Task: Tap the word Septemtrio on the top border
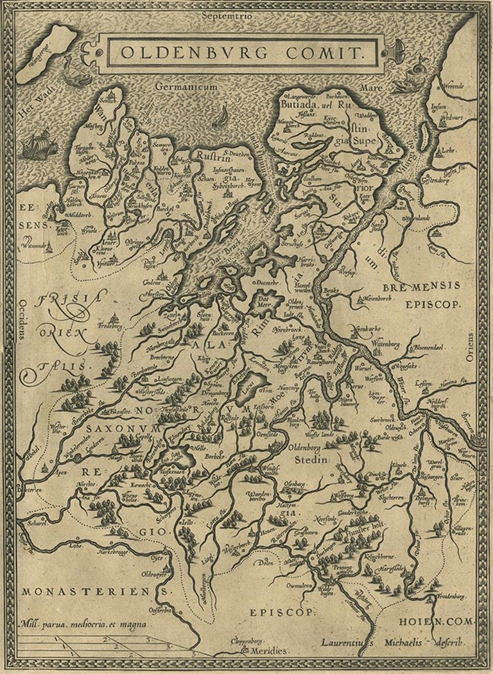[x=227, y=13]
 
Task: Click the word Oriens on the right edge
[x=470, y=347]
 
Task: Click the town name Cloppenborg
[x=249, y=640]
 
